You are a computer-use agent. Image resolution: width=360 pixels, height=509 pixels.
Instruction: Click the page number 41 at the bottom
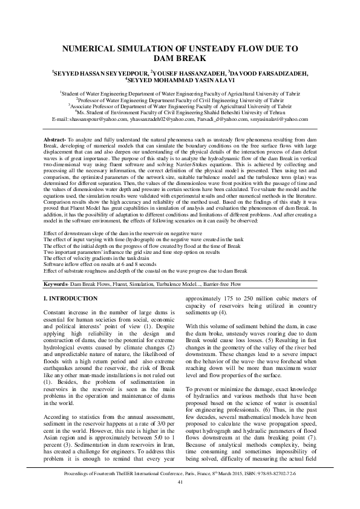coord(180,498)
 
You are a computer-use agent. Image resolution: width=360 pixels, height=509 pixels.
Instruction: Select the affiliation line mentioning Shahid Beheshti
coord(180,112)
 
